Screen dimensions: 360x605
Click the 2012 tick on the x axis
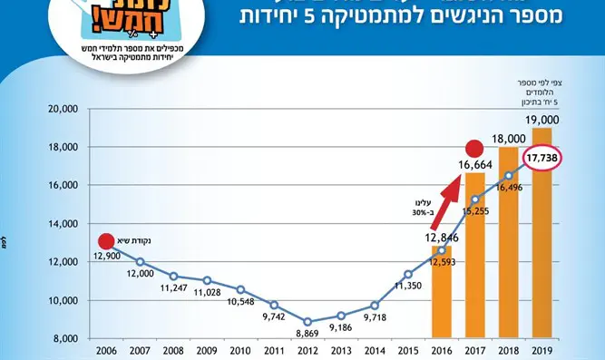308,351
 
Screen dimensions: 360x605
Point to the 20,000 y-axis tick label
63,109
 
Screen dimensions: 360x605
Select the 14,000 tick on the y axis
63,224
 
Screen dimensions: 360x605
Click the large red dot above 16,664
473,149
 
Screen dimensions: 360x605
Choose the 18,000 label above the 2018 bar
508,139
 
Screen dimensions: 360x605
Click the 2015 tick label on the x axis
408,351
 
